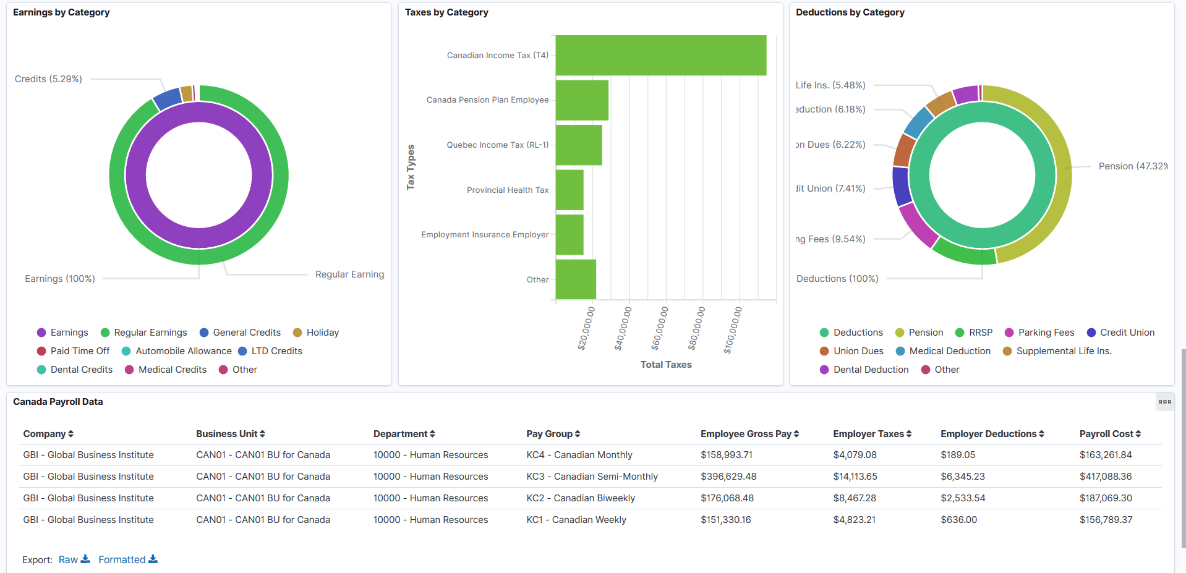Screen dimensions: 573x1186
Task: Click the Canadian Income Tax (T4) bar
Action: (660, 56)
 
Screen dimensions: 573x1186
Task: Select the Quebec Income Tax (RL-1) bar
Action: (579, 145)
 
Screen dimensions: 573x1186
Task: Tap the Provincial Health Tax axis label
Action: (507, 190)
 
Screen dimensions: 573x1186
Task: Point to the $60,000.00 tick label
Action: (660, 329)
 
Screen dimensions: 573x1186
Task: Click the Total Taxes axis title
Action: (666, 365)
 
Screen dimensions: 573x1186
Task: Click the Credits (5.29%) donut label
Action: (48, 79)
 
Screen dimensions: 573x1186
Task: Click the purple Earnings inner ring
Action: (136, 175)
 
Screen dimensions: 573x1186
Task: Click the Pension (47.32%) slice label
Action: (1132, 166)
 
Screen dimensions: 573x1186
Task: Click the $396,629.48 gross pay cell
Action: (728, 477)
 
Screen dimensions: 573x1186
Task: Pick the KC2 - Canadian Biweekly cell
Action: (581, 498)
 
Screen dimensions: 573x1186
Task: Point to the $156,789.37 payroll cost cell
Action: (1106, 520)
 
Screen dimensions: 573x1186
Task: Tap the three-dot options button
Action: (1164, 402)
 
